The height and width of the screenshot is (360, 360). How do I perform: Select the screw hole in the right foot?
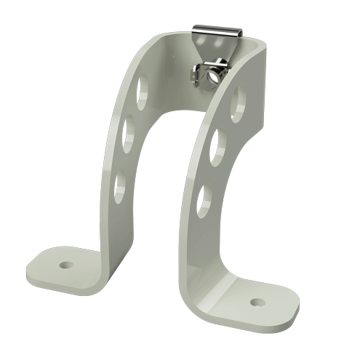click(257, 300)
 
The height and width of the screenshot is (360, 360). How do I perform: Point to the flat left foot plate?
click(62, 265)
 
